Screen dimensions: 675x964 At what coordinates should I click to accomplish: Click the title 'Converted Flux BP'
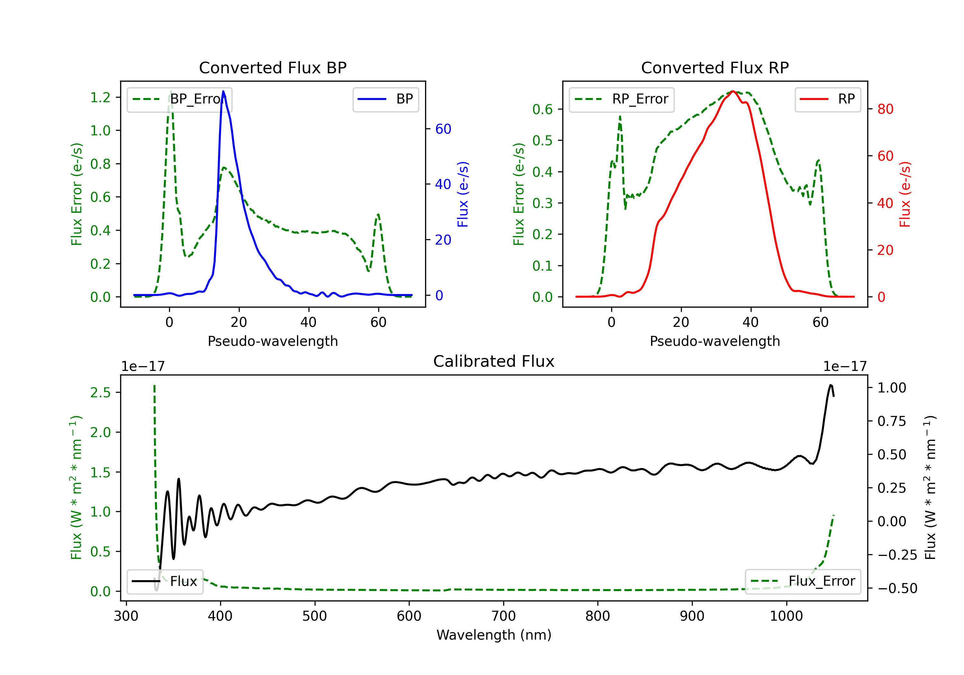point(272,67)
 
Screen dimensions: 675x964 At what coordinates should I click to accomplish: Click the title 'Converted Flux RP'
point(715,67)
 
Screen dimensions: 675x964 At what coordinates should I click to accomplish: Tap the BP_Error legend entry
point(180,99)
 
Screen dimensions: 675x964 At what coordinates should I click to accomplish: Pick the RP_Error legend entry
point(621,99)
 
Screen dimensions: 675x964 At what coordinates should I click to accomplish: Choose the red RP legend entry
point(827,99)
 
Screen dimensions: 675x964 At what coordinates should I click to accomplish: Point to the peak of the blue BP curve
point(223,91)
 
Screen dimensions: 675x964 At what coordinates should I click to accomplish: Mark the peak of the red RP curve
point(733,91)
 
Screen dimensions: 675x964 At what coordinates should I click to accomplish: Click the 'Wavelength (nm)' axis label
point(494,635)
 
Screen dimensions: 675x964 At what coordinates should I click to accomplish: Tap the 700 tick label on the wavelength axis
point(504,616)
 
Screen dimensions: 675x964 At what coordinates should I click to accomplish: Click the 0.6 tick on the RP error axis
point(542,109)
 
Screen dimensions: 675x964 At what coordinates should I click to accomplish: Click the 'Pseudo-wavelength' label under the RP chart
point(715,341)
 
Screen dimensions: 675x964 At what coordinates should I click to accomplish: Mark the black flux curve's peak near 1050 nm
point(830,385)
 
